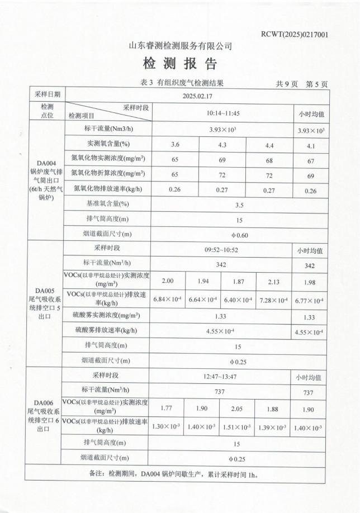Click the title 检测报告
point(180,63)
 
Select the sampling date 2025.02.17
point(197,96)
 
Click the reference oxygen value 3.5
point(239,205)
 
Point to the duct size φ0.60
point(239,235)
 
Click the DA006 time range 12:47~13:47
point(221,377)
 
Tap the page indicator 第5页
point(317,84)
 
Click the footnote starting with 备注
point(179,473)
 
